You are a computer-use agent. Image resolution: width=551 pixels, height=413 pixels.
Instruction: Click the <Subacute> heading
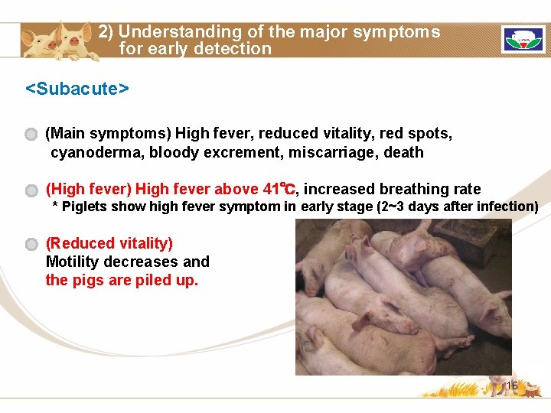(x=77, y=89)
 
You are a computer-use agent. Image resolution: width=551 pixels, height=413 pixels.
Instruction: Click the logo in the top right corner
(x=523, y=39)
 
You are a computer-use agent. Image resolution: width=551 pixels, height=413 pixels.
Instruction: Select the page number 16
(x=511, y=386)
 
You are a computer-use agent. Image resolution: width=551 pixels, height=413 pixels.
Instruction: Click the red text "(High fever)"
(x=89, y=189)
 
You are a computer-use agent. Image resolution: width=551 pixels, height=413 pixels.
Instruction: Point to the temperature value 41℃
(x=278, y=189)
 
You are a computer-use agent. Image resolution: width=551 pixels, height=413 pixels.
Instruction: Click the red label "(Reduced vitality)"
(x=109, y=243)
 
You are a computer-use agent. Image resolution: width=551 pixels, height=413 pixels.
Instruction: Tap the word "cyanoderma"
(x=96, y=152)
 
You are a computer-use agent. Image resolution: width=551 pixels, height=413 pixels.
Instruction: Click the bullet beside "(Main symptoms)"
(x=31, y=135)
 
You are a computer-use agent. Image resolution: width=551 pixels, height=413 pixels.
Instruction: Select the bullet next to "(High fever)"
(x=31, y=190)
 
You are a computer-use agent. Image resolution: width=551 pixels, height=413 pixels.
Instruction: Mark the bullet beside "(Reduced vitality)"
(x=31, y=245)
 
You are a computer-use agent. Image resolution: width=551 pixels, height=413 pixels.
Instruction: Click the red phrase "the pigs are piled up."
(x=122, y=280)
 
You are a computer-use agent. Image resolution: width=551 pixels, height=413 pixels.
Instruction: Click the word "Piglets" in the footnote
(x=84, y=206)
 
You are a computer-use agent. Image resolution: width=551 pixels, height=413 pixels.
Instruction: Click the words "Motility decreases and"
(x=127, y=262)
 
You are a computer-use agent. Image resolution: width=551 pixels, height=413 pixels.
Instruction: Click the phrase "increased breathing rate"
(x=392, y=189)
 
